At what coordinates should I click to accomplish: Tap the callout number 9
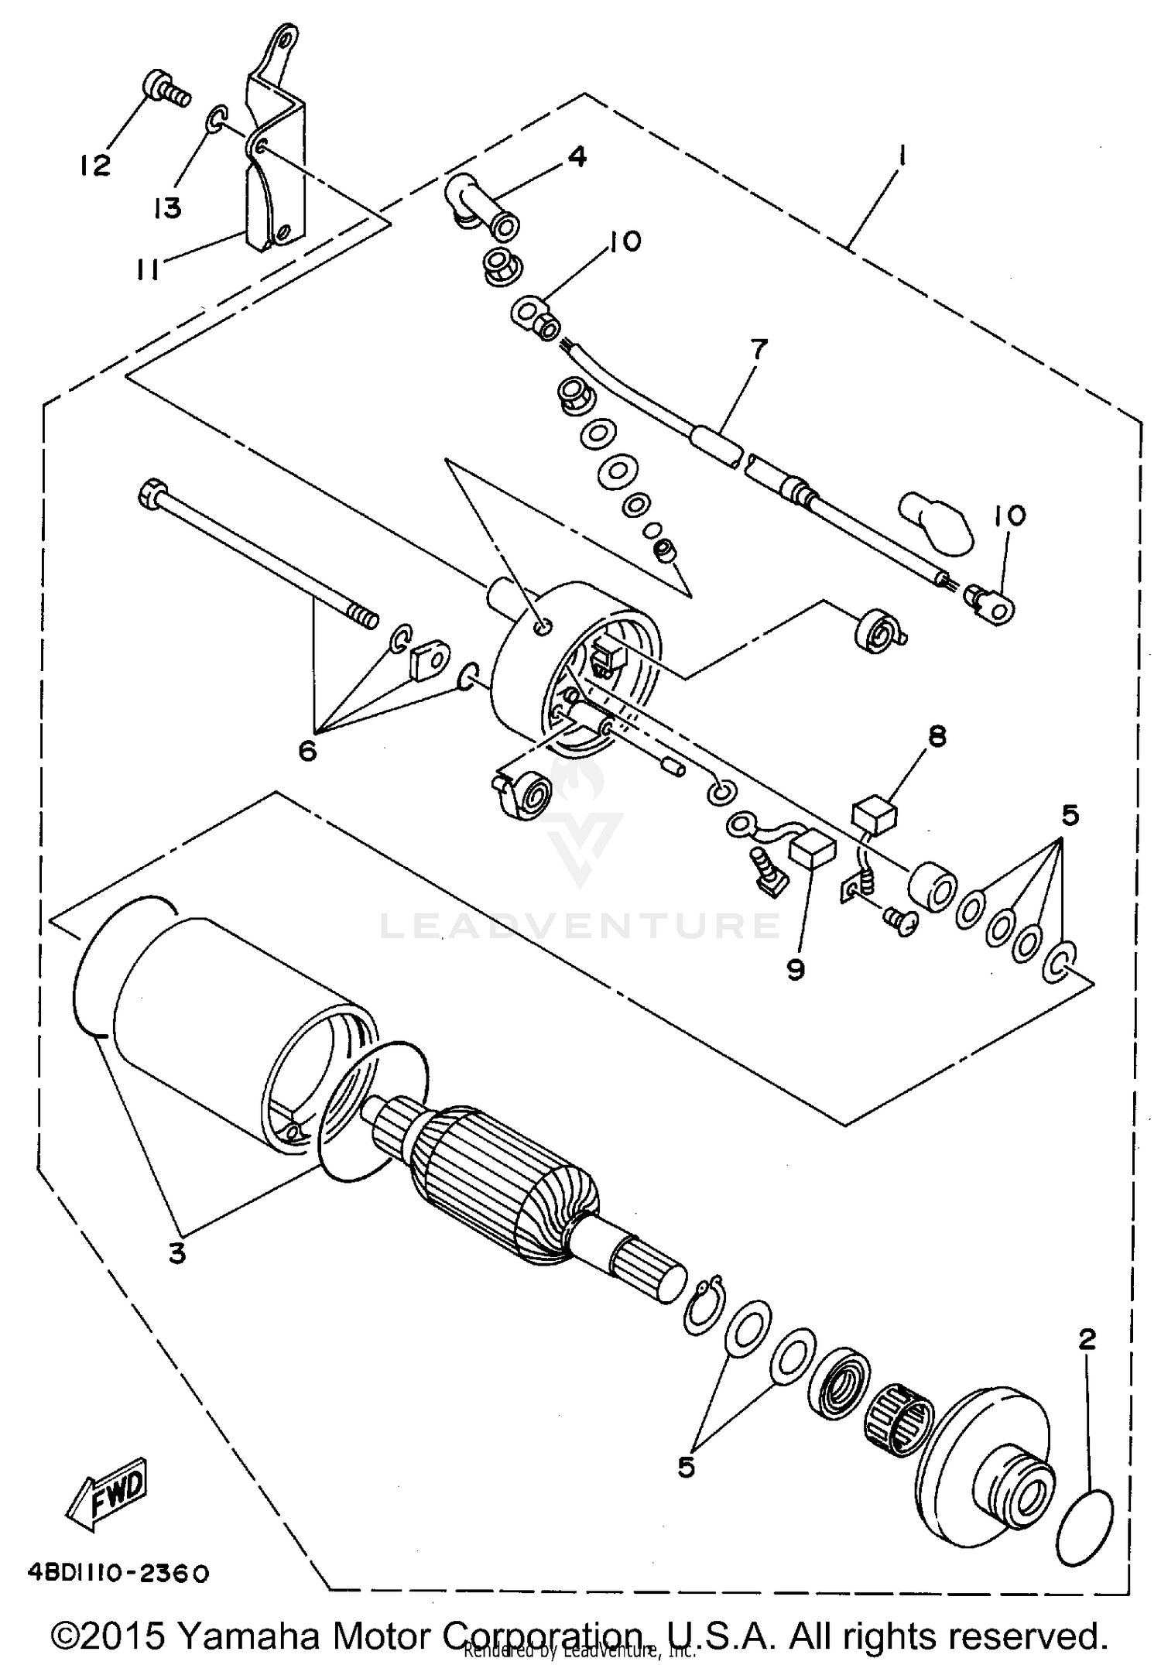(x=796, y=969)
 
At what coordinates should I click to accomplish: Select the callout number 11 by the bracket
(x=148, y=270)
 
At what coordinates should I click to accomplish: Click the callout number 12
(x=94, y=165)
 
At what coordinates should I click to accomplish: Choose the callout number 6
(x=307, y=750)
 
